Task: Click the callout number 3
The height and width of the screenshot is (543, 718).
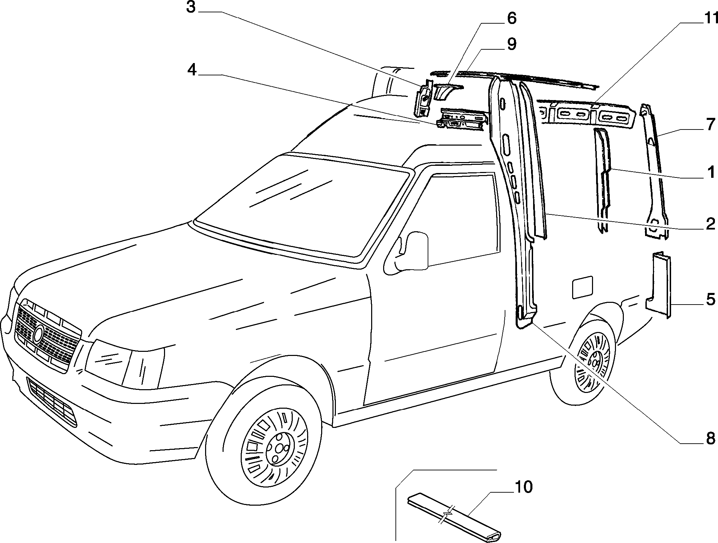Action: [x=191, y=7]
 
